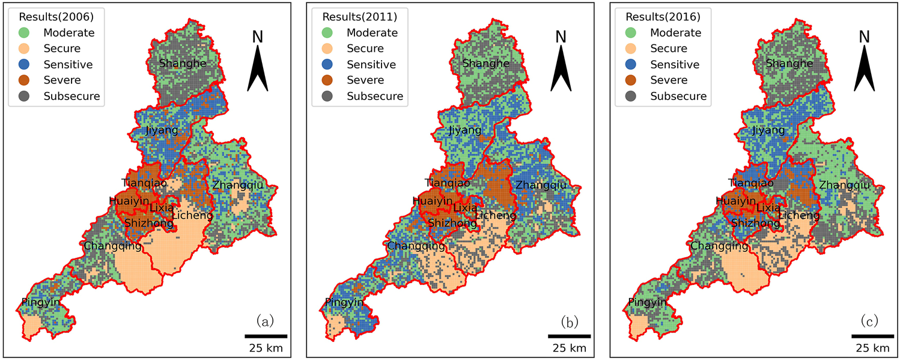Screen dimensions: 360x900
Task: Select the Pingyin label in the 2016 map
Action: (x=648, y=302)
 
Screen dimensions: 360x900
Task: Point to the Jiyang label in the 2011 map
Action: (x=465, y=130)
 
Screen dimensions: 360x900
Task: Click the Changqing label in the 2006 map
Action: (x=113, y=246)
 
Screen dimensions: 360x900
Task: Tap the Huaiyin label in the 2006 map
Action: (x=129, y=201)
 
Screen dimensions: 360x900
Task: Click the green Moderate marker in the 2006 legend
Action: (x=24, y=33)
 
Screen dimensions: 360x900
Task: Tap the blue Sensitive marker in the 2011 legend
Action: (x=327, y=64)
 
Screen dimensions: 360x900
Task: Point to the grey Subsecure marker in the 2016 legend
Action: (x=631, y=96)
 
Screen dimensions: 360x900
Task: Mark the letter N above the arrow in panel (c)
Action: (x=865, y=37)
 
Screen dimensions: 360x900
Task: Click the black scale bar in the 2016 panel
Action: (x=872, y=336)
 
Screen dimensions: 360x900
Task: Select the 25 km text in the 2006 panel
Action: (x=266, y=349)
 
